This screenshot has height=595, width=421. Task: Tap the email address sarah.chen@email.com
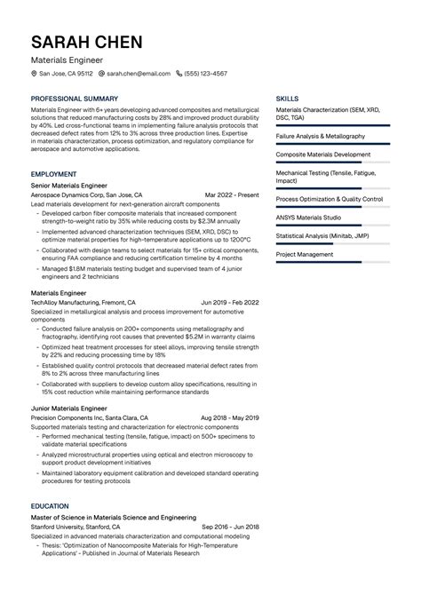138,74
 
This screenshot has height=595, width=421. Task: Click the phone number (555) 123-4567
206,74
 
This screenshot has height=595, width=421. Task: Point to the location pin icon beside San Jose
33,74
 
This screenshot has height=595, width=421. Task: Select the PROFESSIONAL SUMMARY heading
75,98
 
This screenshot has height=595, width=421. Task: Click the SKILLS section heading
287,98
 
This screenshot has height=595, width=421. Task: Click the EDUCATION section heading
51,505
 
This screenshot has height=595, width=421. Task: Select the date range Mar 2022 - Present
231,194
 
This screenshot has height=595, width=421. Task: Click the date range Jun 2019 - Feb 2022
229,302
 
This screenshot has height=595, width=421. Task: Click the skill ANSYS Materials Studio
308,217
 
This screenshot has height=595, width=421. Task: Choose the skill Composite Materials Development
323,155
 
